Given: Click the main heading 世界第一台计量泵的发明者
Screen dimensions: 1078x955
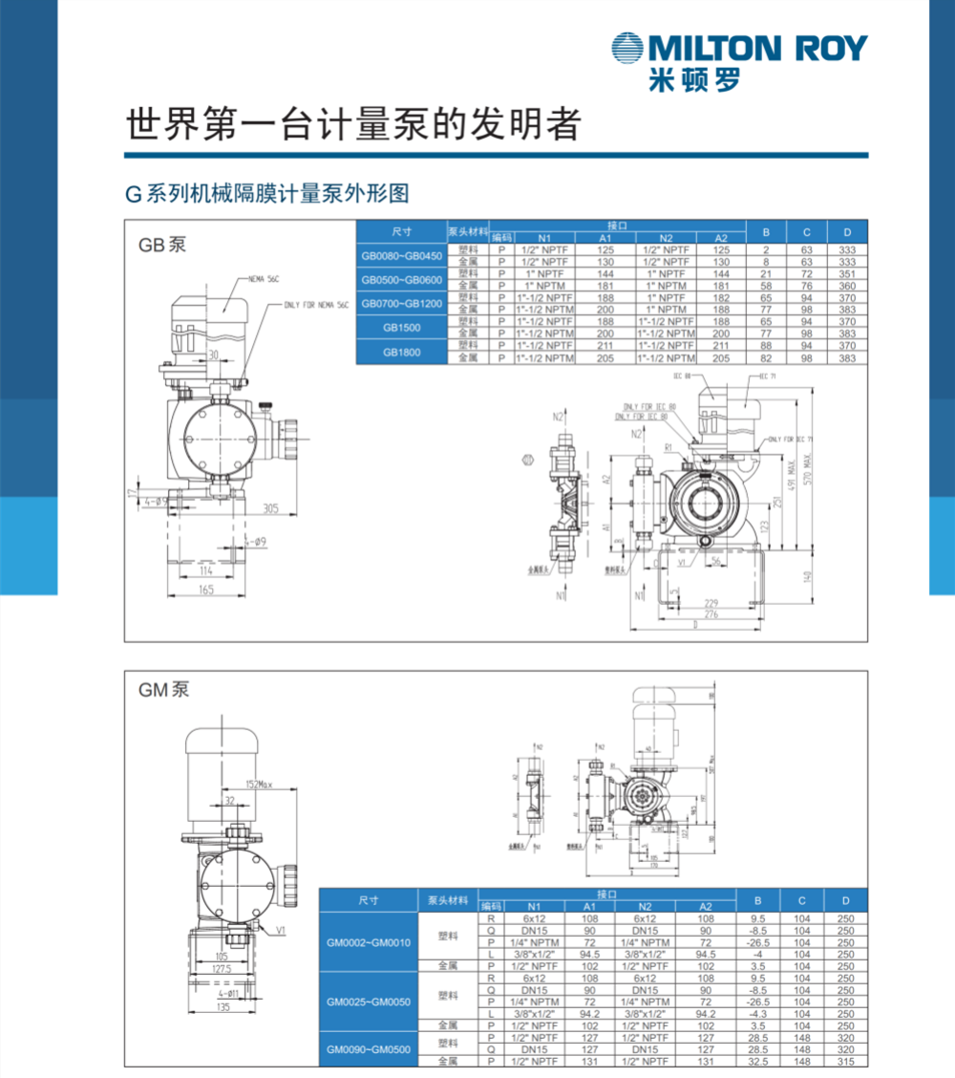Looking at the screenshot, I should click(352, 123).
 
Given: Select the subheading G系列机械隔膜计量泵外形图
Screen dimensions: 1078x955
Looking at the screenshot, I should click(266, 194).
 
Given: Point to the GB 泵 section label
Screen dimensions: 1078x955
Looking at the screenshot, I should click(161, 245).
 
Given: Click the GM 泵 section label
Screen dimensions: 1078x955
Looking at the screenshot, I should click(163, 689).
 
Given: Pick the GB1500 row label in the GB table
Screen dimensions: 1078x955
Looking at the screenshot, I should click(402, 328).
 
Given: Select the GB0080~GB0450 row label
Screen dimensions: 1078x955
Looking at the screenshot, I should click(402, 255).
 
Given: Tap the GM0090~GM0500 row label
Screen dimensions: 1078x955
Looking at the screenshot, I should click(369, 1049).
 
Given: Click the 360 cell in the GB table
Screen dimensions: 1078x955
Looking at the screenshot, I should click(846, 286).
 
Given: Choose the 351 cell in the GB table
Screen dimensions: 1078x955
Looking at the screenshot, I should click(846, 273).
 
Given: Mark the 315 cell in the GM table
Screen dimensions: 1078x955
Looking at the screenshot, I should click(845, 1061).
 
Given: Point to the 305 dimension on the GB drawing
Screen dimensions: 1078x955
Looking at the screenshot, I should click(269, 509).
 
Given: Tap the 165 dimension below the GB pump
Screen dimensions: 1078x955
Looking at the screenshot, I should click(204, 591).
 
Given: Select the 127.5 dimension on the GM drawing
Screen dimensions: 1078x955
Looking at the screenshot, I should click(222, 968).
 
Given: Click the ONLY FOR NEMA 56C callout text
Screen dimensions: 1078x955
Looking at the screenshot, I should click(318, 305).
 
